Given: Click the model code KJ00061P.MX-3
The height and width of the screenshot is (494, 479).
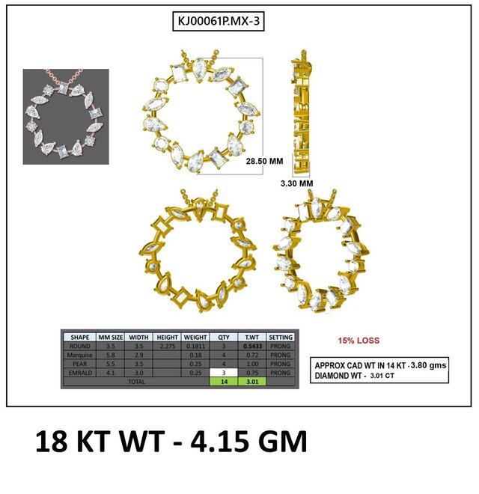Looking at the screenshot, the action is click(x=219, y=21).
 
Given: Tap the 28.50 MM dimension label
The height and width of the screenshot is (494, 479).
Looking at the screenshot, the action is click(x=264, y=161).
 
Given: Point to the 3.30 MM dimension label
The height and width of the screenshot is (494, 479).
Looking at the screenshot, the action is click(x=297, y=183).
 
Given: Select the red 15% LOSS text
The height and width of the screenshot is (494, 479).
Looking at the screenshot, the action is click(x=359, y=341).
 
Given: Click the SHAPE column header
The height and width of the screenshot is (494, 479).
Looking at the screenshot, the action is click(x=80, y=337).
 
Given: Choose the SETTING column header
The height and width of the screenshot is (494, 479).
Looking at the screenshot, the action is click(x=281, y=337).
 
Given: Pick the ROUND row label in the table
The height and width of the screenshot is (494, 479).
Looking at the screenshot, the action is click(x=80, y=346).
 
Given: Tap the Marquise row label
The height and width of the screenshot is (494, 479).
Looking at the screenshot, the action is click(x=80, y=355).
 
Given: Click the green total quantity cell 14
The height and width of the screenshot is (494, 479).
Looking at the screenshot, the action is click(x=224, y=382).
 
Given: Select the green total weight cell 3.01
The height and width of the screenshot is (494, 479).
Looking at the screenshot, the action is click(x=252, y=382).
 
